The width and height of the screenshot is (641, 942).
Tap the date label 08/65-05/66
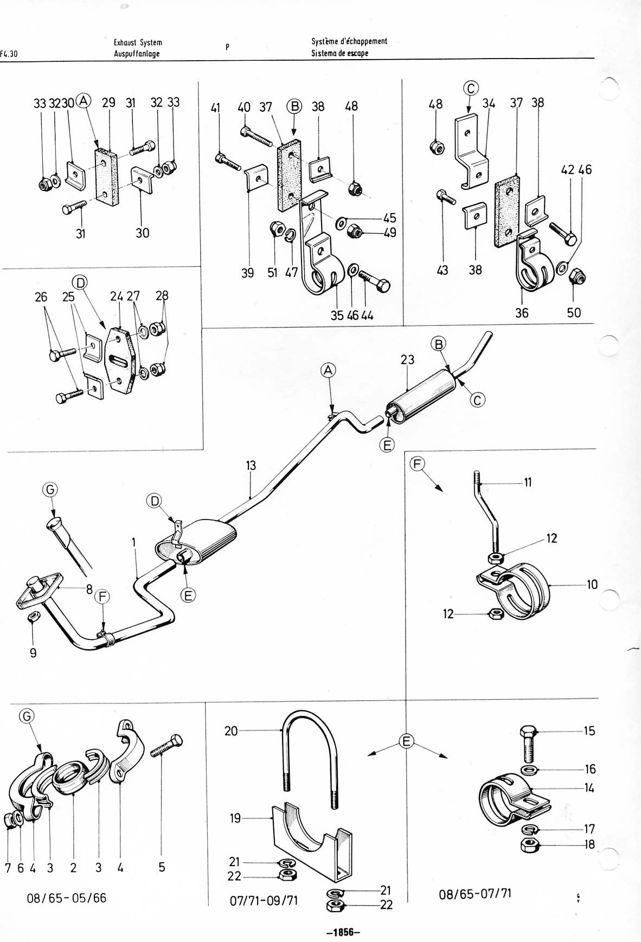pos(67,898)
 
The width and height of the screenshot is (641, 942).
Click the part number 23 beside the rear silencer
pos(407,360)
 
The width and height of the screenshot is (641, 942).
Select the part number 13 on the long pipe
pos(251,465)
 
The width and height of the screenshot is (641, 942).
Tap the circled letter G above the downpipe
pos(49,489)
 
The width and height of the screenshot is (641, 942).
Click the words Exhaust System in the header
pos(138,42)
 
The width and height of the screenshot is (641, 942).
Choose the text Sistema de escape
pos(339,53)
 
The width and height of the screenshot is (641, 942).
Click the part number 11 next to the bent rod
pos(528,482)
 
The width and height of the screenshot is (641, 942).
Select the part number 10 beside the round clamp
pos(592,585)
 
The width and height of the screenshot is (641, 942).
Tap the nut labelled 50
pos(579,278)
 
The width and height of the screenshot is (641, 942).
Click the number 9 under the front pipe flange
pos(33,653)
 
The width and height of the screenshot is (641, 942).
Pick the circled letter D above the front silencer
pos(155,501)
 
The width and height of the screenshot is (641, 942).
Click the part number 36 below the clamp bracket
pos(522,313)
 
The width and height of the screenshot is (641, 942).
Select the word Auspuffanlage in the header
pos(137,54)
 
